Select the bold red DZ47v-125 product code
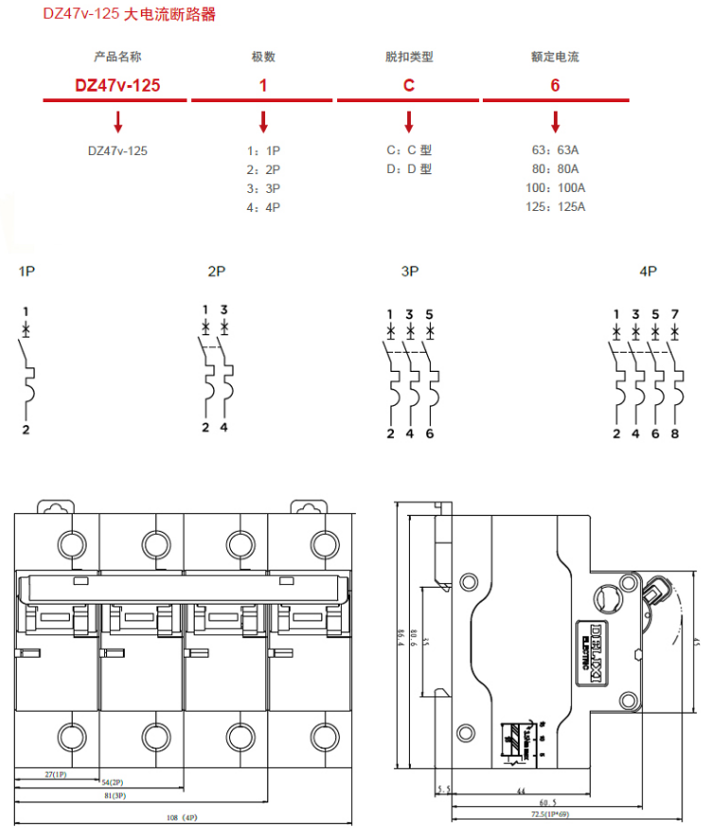(117, 85)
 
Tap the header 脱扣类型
(409, 57)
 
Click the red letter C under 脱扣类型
(409, 85)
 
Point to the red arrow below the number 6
(556, 121)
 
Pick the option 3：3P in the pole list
(263, 188)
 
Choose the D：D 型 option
(409, 169)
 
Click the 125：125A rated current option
(555, 207)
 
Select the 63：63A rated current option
(555, 150)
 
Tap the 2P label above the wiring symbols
(217, 272)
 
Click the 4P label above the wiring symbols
(647, 272)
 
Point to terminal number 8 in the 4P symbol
(675, 433)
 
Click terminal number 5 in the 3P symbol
(431, 314)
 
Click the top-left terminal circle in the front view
(71, 543)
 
